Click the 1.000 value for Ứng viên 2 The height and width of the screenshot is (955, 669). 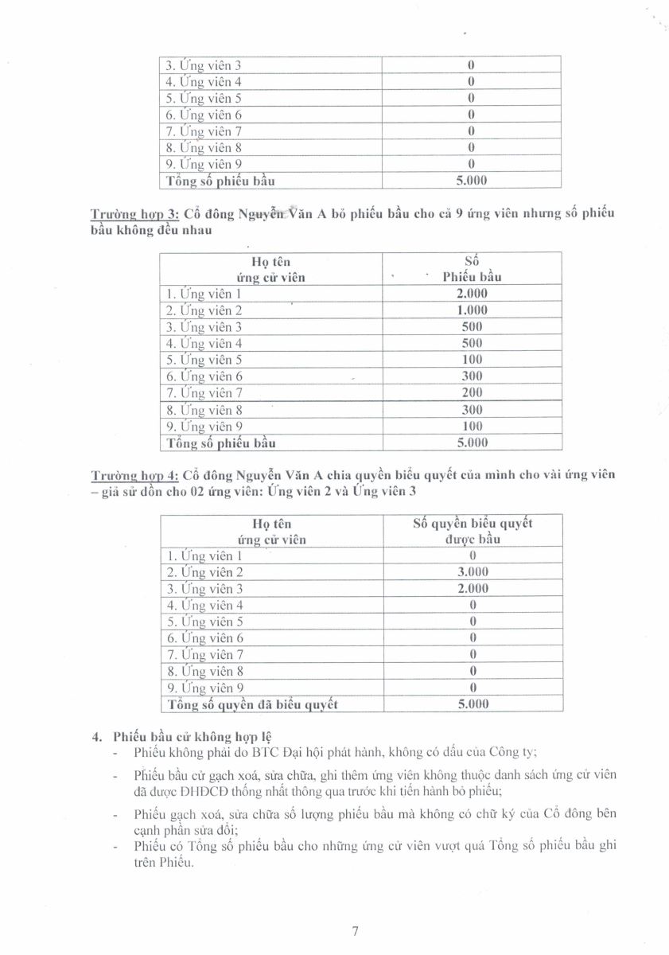tap(472, 310)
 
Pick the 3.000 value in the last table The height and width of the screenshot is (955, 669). tap(473, 572)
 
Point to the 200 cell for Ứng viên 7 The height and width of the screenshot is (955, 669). tap(472, 393)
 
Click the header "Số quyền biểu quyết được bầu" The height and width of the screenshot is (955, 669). tap(473, 531)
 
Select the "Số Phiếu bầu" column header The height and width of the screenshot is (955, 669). tap(472, 269)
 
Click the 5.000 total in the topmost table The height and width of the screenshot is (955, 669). tap(472, 181)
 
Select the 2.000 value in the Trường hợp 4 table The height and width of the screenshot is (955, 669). tap(473, 589)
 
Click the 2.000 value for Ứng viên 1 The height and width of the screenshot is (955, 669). tap(472, 294)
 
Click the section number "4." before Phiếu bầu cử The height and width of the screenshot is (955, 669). tap(99, 735)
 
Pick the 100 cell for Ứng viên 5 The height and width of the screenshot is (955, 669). tap(472, 360)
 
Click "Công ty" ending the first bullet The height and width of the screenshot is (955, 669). tap(516, 752)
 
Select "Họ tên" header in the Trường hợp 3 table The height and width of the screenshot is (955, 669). tap(271, 261)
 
